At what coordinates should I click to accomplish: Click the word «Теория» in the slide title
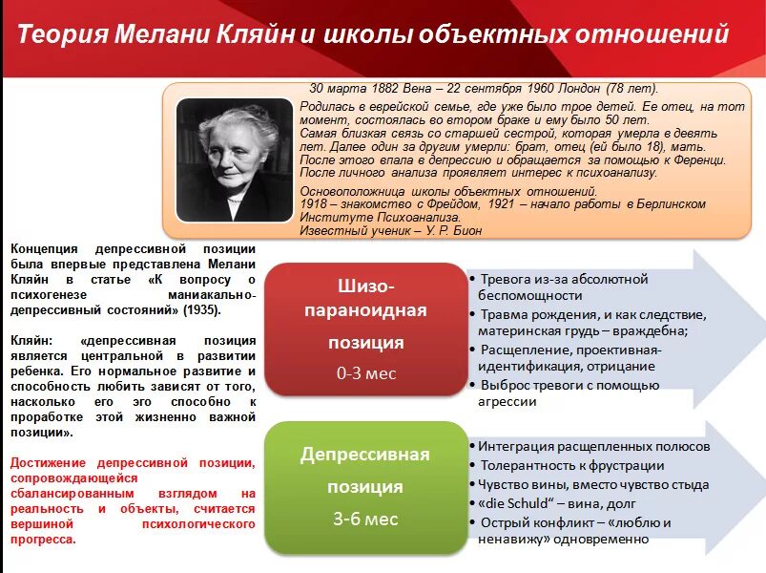[x=62, y=35]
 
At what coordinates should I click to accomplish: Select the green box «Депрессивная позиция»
[x=365, y=487]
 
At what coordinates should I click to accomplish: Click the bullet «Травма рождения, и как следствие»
[x=592, y=314]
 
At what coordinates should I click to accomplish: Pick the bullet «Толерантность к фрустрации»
[x=571, y=465]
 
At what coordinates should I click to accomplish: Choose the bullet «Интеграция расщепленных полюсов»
[x=593, y=446]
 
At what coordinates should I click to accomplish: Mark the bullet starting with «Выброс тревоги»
[x=569, y=385]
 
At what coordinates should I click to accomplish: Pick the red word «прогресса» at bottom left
[x=43, y=539]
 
